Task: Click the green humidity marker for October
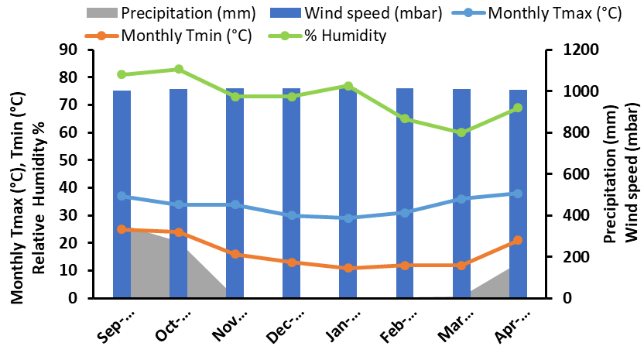pyautogui.click(x=179, y=69)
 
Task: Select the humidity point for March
pyautogui.click(x=461, y=132)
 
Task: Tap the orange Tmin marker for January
pyautogui.click(x=348, y=268)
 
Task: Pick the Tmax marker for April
pyautogui.click(x=518, y=194)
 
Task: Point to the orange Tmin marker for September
pyautogui.click(x=122, y=229)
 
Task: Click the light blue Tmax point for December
pyautogui.click(x=292, y=215)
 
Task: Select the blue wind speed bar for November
pyautogui.click(x=235, y=193)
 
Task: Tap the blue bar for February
pyautogui.click(x=405, y=193)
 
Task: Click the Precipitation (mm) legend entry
pyautogui.click(x=171, y=13)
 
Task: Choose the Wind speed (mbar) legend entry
pyautogui.click(x=356, y=13)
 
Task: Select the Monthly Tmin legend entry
pyautogui.click(x=169, y=36)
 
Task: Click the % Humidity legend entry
pyautogui.click(x=327, y=36)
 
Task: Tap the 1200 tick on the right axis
pyautogui.click(x=580, y=50)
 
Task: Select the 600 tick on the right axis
pyautogui.click(x=575, y=174)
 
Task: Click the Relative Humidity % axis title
pyautogui.click(x=39, y=198)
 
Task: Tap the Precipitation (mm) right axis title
pyautogui.click(x=611, y=174)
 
